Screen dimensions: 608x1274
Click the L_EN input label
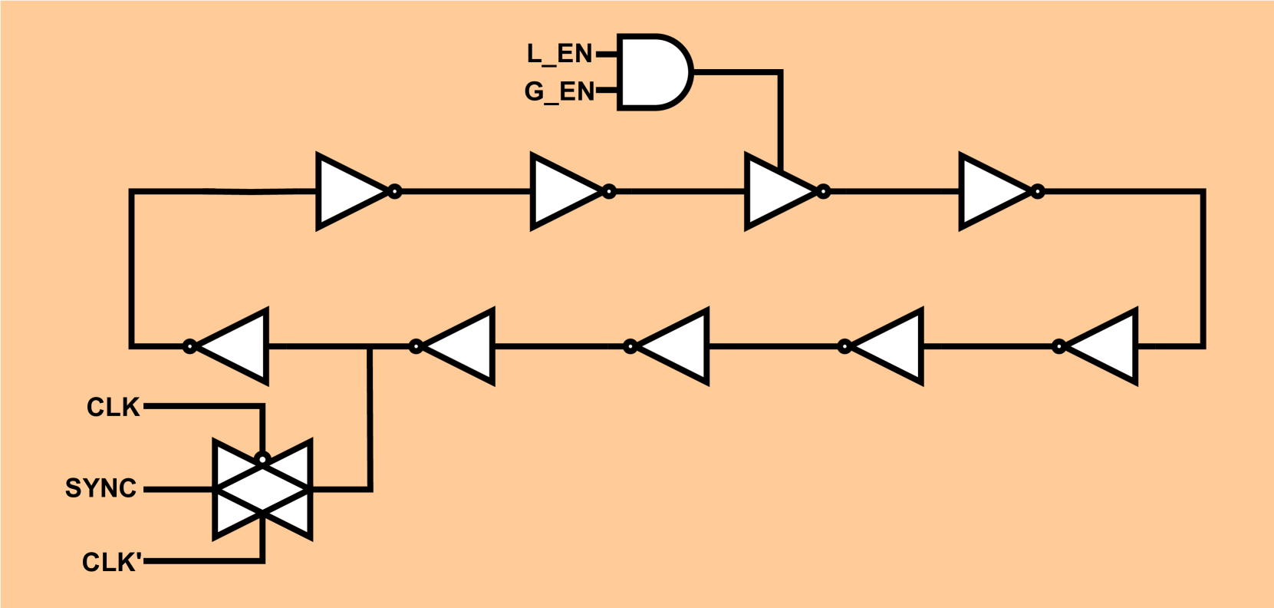click(559, 54)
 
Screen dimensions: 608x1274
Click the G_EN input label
click(559, 92)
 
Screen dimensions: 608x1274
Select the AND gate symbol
click(652, 73)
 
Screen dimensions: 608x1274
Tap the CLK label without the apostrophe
click(113, 407)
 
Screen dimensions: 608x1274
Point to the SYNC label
click(100, 488)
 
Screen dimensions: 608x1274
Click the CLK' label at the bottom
click(111, 562)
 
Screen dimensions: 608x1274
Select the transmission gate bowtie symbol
click(262, 490)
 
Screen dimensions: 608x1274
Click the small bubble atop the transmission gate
click(262, 460)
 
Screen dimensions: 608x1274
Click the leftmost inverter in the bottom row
click(234, 346)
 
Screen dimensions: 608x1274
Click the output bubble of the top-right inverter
click(1037, 191)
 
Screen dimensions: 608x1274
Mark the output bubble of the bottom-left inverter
click(190, 347)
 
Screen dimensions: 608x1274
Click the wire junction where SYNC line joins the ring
click(370, 347)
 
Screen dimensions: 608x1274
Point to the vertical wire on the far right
click(1202, 269)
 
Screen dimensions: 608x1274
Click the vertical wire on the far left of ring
click(132, 269)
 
